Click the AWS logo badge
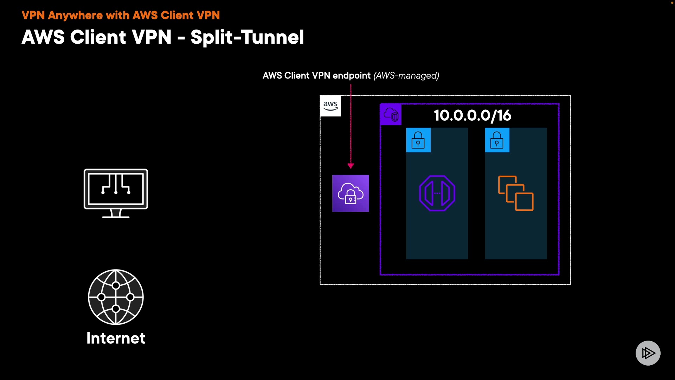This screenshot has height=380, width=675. point(330,106)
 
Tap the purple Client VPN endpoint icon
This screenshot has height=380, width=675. point(351,193)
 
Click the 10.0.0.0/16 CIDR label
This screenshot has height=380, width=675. point(472,115)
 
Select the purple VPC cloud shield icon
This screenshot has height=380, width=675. point(391,114)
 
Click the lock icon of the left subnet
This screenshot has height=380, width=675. point(418,140)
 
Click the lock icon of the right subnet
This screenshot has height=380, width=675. point(497,140)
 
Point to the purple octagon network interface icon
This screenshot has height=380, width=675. point(437,193)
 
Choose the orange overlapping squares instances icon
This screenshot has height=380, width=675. point(516,193)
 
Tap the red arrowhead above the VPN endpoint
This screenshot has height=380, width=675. point(351,166)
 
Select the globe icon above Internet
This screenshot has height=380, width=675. point(116,297)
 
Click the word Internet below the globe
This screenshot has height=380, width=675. point(116,338)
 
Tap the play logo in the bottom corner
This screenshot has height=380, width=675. point(648,353)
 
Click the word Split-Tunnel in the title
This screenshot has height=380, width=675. point(247,37)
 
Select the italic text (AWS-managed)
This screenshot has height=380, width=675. point(406,76)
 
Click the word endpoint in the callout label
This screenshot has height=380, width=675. point(352,76)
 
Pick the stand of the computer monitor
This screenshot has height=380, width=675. point(116,214)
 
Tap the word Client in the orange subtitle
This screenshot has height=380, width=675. point(177,15)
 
